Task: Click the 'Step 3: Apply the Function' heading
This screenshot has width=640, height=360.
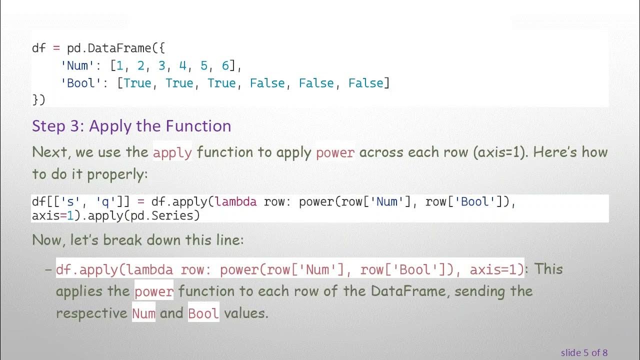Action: pos(131,126)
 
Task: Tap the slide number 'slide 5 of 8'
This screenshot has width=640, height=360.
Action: pos(584,352)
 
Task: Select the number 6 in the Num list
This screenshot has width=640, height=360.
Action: pos(225,65)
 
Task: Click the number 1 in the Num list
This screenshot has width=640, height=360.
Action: pos(119,65)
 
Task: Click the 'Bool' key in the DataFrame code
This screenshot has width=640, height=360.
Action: pos(81,83)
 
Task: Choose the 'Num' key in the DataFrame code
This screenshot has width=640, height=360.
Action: pos(77,65)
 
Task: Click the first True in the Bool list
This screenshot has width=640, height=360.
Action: pos(137,83)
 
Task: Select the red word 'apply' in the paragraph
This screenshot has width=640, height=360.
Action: pos(172,152)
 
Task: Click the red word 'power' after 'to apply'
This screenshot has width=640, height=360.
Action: pos(335,152)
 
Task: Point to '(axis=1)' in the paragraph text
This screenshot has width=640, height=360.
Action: pos(499,152)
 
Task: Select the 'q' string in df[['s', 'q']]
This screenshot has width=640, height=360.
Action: pos(102,202)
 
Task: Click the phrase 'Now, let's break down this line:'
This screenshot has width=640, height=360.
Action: pos(138,240)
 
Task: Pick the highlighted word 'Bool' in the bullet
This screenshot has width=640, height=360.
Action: pos(203,313)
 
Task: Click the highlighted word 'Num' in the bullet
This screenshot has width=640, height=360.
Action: pos(144,313)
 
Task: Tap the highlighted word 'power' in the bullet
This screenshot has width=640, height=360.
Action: pos(154,291)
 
